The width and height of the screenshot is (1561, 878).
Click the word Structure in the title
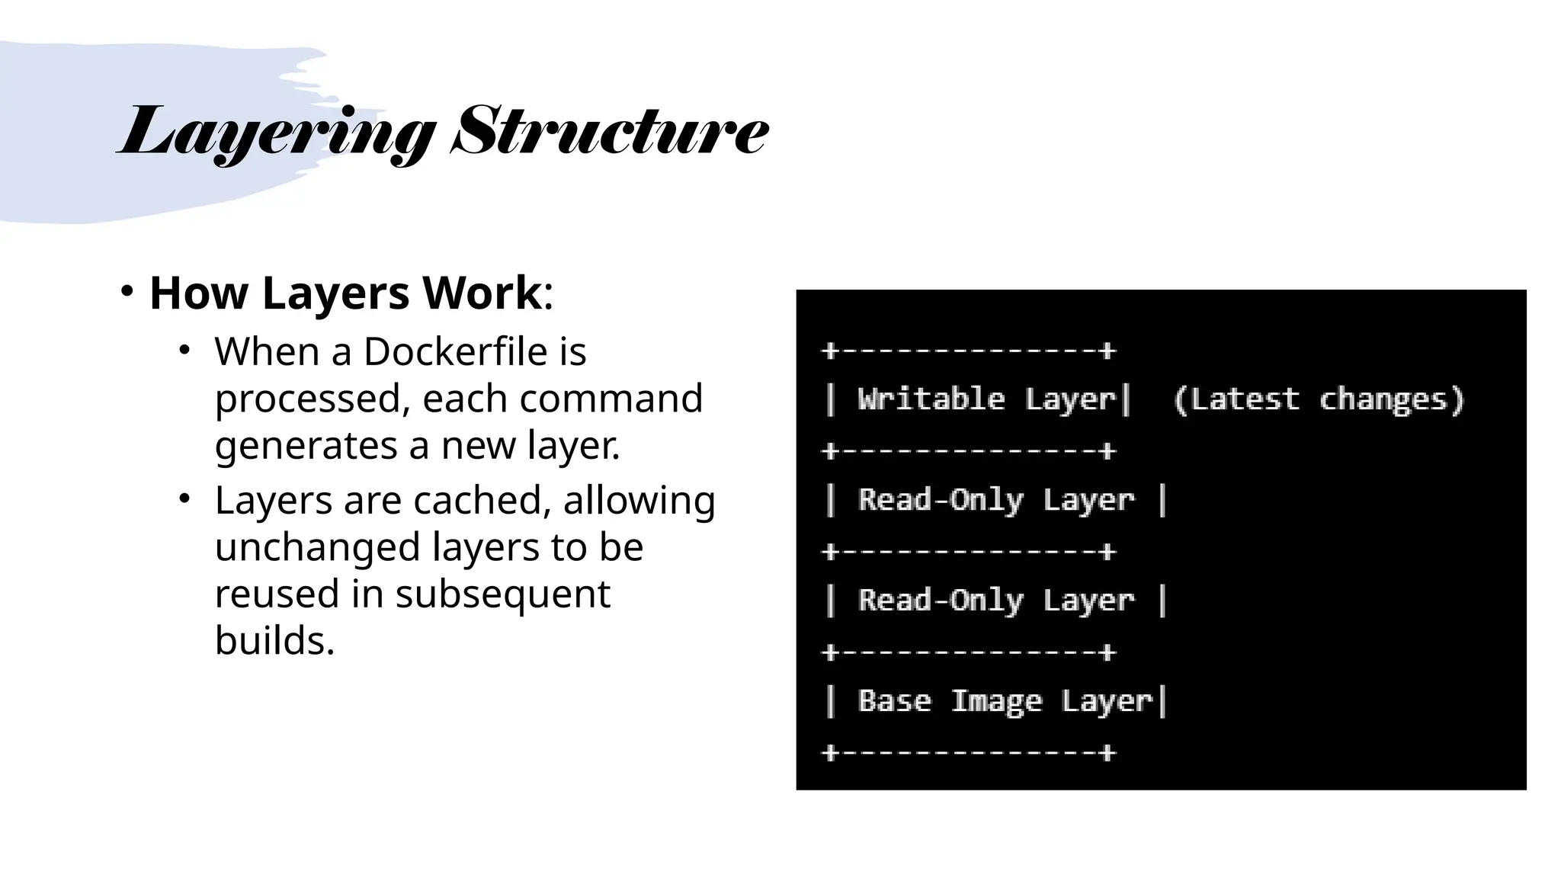pyautogui.click(x=609, y=131)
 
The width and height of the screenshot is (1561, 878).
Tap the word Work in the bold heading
pyautogui.click(x=482, y=293)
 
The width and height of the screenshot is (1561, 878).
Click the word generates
pyautogui.click(x=306, y=446)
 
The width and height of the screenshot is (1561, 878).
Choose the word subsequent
pyautogui.click(x=502, y=594)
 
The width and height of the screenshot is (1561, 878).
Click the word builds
pyautogui.click(x=274, y=640)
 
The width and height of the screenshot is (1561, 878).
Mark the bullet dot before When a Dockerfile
pyautogui.click(x=184, y=351)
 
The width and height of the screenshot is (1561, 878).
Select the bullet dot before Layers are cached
pyautogui.click(x=184, y=499)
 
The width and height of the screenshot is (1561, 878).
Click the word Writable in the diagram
pyautogui.click(x=931, y=399)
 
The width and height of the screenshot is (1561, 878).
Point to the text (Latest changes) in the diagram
pyautogui.click(x=1318, y=399)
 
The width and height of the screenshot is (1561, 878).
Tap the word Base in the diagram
pyautogui.click(x=894, y=700)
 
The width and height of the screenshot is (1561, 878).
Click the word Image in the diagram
pyautogui.click(x=995, y=701)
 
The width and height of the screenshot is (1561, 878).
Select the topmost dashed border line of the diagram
pyautogui.click(x=969, y=351)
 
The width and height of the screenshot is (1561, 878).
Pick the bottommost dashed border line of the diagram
pyautogui.click(x=969, y=753)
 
